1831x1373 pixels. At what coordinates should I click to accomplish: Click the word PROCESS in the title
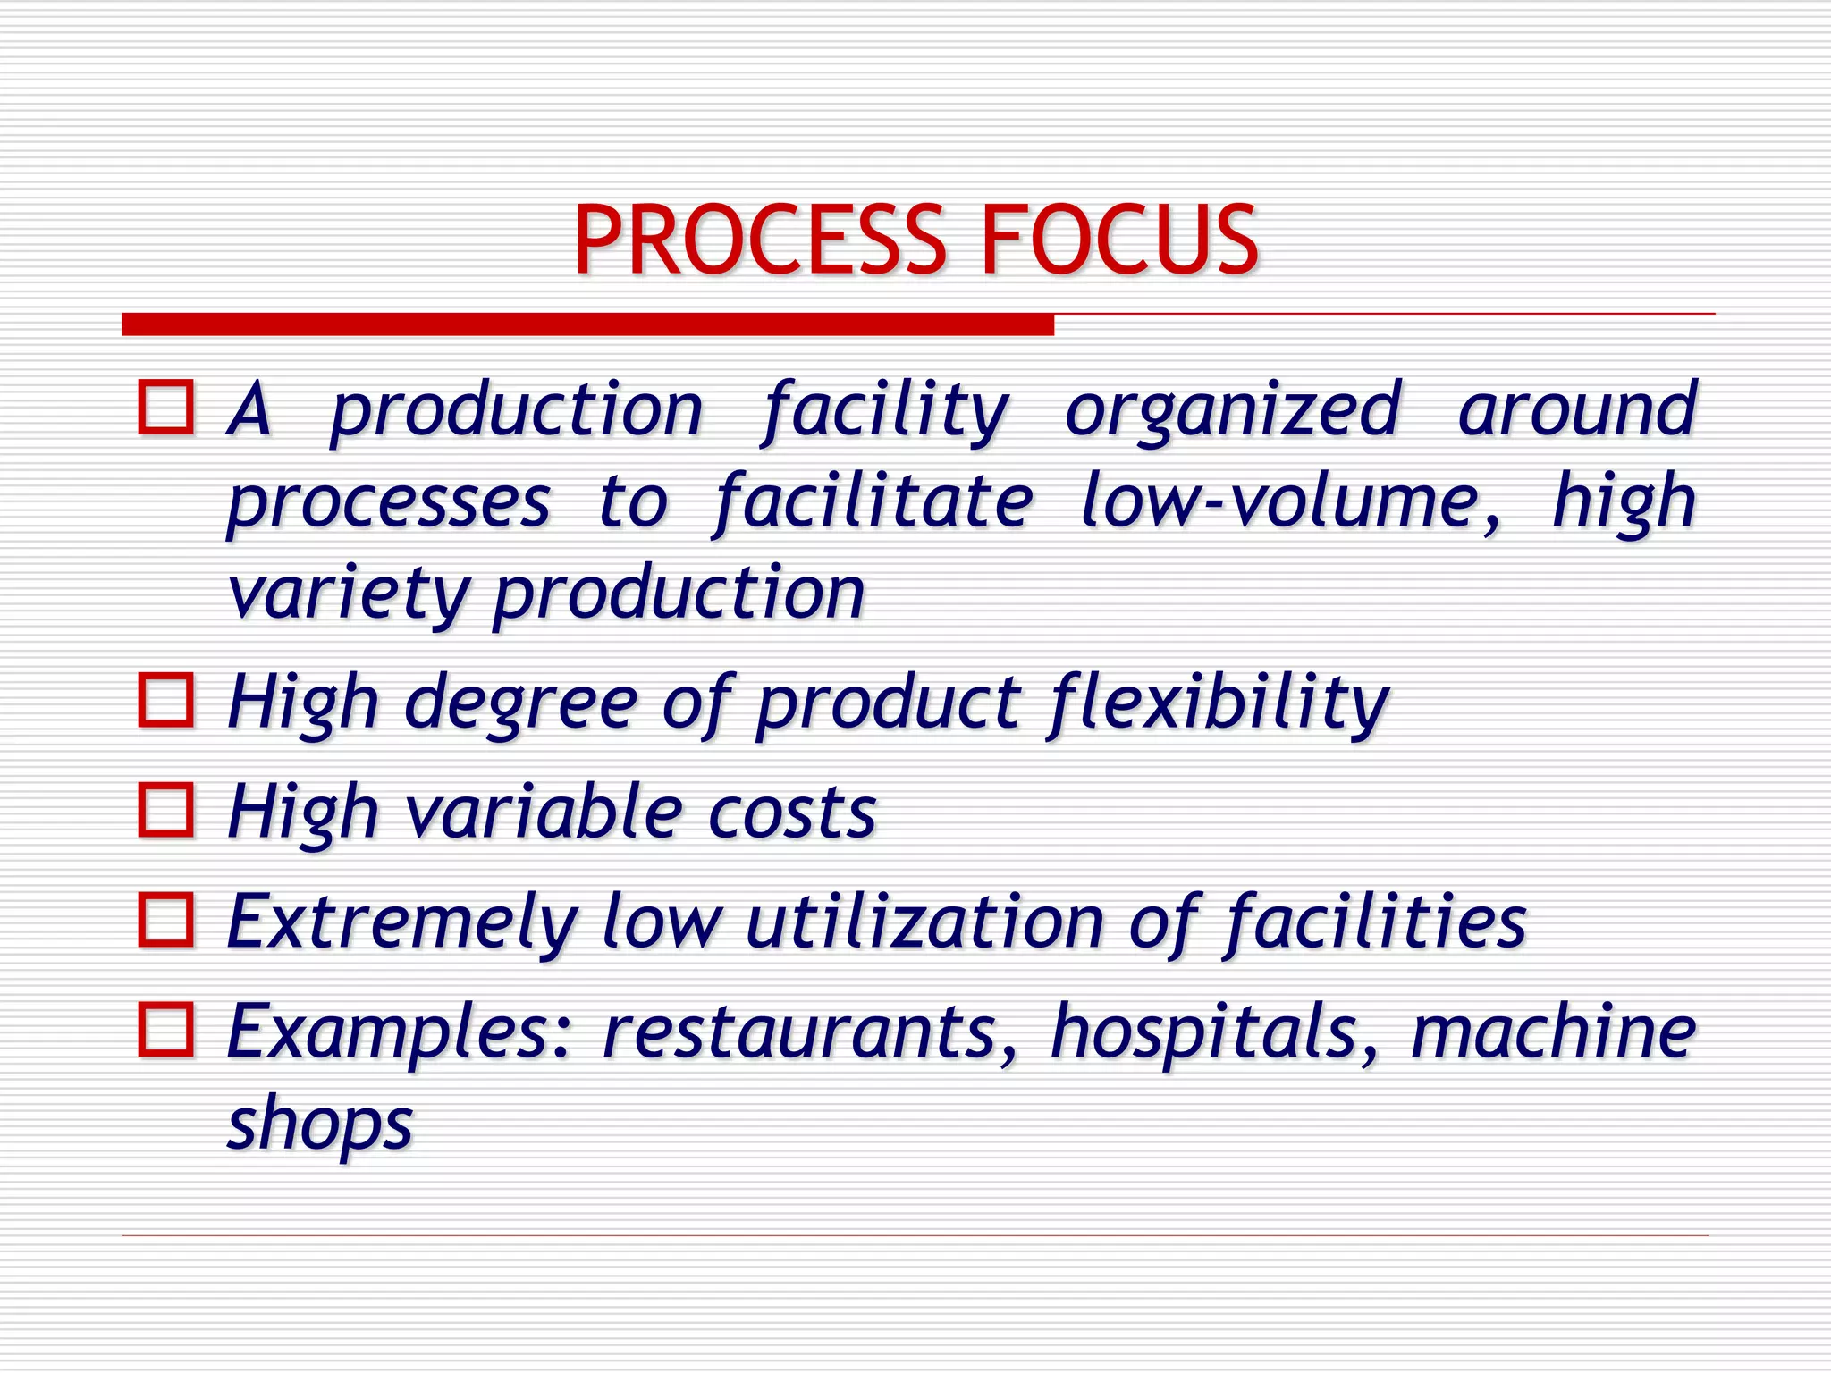pyautogui.click(x=758, y=240)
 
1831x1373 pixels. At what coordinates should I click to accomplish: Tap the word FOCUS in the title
pyautogui.click(x=1119, y=240)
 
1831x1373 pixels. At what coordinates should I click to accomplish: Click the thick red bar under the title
pyautogui.click(x=587, y=324)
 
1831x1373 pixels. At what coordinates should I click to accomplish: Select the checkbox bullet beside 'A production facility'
pyautogui.click(x=166, y=408)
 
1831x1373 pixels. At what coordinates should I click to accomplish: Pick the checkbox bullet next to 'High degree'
pyautogui.click(x=166, y=700)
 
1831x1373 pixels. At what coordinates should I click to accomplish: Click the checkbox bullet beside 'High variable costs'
pyautogui.click(x=166, y=810)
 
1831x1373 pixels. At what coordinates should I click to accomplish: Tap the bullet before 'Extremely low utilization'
pyautogui.click(x=166, y=920)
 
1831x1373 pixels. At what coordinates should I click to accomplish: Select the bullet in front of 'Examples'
pyautogui.click(x=166, y=1030)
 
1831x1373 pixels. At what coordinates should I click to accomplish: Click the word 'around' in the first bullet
pyautogui.click(x=1577, y=411)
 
